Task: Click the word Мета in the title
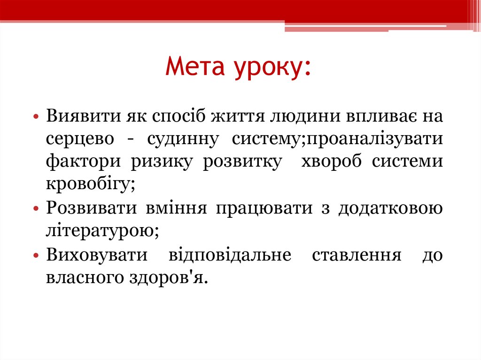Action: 195,68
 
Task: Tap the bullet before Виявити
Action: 36,116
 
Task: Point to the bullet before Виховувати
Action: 36,257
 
